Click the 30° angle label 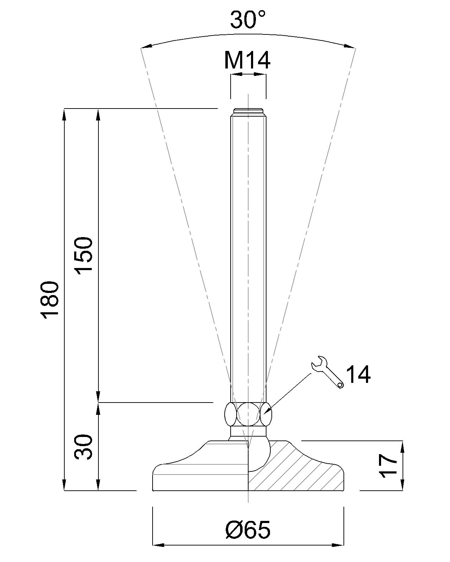pyautogui.click(x=247, y=20)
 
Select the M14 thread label pyautogui.click(x=247, y=60)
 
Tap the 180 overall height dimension pyautogui.click(x=50, y=300)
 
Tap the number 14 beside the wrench pyautogui.click(x=358, y=374)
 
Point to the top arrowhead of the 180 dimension pyautogui.click(x=64, y=115)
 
